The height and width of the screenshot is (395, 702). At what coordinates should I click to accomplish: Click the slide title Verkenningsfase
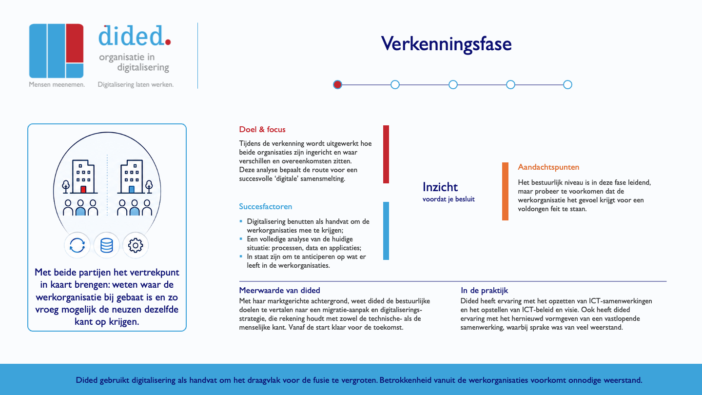point(446,44)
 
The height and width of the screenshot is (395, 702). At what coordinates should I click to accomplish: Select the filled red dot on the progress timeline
point(337,85)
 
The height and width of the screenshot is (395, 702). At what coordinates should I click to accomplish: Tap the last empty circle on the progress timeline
point(567,85)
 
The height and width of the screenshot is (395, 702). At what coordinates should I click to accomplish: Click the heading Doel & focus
point(262,130)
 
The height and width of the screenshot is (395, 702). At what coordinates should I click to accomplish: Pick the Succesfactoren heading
point(265,207)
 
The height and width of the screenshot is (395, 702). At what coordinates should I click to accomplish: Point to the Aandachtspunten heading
point(548,167)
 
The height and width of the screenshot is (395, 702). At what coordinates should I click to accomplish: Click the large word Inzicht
point(440,187)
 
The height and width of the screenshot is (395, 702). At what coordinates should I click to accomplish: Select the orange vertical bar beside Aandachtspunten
point(505,191)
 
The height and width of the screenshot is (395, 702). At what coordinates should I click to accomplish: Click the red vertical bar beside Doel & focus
point(386,154)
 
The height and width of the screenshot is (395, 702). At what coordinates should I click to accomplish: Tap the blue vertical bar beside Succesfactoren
point(386,231)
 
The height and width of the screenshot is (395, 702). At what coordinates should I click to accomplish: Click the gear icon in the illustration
point(136,245)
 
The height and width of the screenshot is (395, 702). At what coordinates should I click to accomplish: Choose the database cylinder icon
point(107,245)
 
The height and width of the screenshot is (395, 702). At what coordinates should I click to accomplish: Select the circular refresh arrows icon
point(77,245)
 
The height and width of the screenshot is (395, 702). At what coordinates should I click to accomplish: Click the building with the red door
point(83,177)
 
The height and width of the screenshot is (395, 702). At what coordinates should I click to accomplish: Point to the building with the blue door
point(132,177)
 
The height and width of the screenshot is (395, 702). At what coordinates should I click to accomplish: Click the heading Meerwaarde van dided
point(279,290)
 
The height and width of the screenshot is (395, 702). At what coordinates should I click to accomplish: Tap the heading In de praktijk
point(484,291)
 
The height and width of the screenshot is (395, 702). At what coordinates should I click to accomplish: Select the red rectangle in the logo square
point(75,43)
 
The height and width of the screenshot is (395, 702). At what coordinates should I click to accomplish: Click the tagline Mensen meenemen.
point(57,85)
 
